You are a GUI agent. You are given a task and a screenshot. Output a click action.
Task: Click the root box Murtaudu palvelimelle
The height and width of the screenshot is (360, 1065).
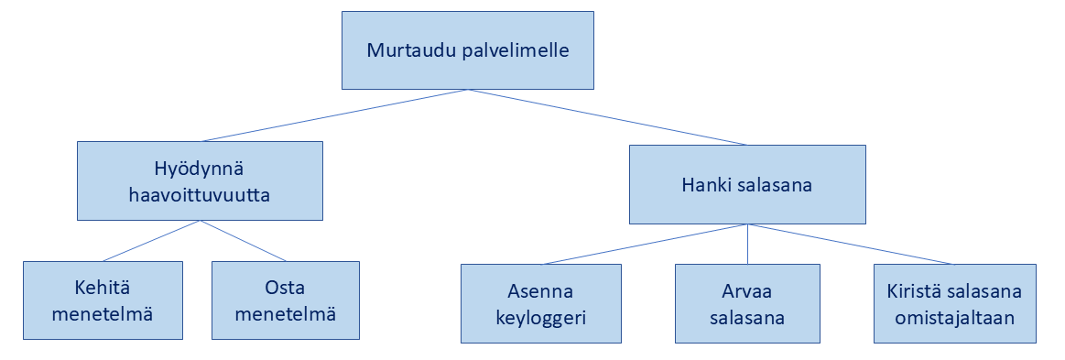467,50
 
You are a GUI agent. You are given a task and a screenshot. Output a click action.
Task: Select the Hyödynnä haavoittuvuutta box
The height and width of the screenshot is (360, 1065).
200,180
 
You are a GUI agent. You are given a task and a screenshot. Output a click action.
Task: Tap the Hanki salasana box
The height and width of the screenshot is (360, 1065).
747,185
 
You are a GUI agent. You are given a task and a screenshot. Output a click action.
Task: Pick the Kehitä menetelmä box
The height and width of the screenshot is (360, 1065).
103,300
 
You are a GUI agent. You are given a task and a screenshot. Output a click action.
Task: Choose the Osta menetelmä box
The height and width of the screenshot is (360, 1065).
286,300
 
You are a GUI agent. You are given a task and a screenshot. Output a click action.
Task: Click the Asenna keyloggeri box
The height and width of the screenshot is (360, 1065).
540,303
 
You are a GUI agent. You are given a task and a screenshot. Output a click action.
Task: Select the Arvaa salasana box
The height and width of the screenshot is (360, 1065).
747,303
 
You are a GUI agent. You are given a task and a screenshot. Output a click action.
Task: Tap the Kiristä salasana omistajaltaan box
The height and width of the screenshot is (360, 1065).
954,303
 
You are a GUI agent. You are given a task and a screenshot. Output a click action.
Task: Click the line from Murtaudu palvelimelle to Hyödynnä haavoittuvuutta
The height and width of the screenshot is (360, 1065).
335,115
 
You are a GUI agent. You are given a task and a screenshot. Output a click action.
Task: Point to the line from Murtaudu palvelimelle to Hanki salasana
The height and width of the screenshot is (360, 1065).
607,117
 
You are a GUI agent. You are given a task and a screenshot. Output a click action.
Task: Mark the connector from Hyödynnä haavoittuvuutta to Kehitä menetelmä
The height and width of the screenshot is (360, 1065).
151,241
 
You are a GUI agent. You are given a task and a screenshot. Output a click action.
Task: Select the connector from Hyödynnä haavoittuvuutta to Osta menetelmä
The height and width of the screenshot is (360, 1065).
244,241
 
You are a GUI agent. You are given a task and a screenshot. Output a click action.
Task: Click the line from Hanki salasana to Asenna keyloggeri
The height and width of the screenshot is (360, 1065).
646,244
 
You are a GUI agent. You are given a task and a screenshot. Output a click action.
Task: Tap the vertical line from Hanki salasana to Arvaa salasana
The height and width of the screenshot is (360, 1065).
748,244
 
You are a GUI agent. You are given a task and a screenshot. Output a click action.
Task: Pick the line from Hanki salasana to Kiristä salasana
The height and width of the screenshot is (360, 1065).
851,244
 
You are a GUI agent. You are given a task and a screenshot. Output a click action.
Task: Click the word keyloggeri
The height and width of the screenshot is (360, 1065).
540,318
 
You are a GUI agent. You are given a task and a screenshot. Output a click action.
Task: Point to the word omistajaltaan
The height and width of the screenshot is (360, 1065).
954,318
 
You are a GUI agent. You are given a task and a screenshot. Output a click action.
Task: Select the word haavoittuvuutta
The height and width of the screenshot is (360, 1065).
200,196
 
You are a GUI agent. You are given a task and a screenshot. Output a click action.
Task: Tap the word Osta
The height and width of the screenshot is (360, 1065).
286,288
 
